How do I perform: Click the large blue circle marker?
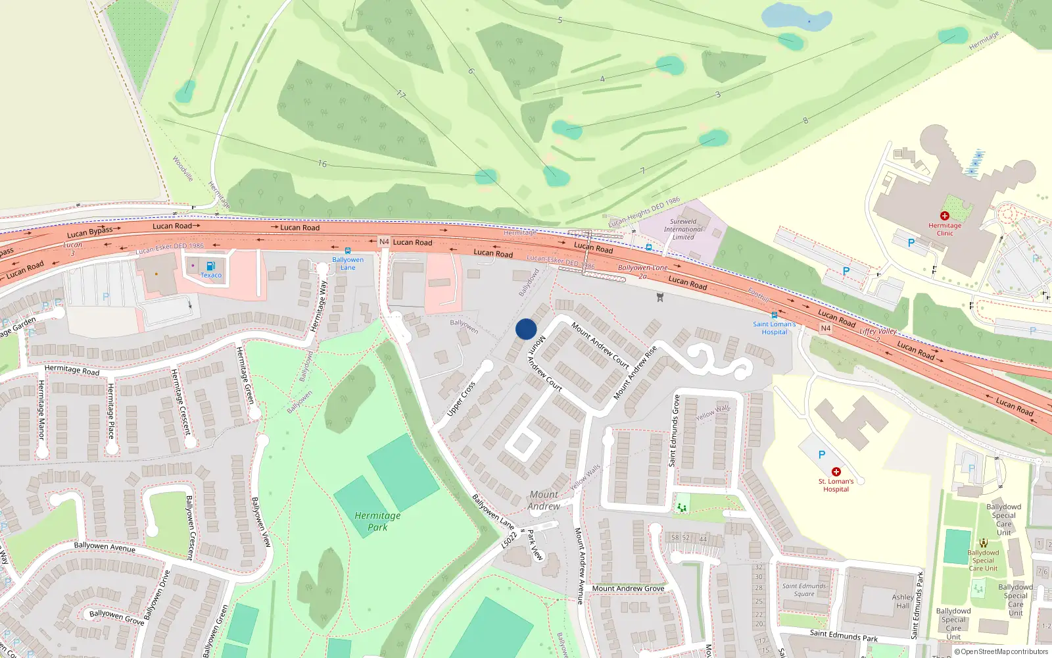526,329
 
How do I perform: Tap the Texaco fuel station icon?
210,266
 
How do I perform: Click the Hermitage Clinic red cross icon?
945,216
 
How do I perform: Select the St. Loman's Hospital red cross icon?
836,472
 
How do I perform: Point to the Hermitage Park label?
377,521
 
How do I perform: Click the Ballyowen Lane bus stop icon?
348,251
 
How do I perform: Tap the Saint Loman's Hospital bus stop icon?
775,315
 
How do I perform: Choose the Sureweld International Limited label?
683,229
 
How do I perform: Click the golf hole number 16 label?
322,163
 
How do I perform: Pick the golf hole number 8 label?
805,120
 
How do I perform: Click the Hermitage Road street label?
72,370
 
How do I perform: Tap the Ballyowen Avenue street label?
105,546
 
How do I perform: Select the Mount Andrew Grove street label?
628,588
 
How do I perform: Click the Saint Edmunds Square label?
804,590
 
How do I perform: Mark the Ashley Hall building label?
903,601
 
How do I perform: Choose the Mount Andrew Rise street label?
635,373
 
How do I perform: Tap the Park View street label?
536,545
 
